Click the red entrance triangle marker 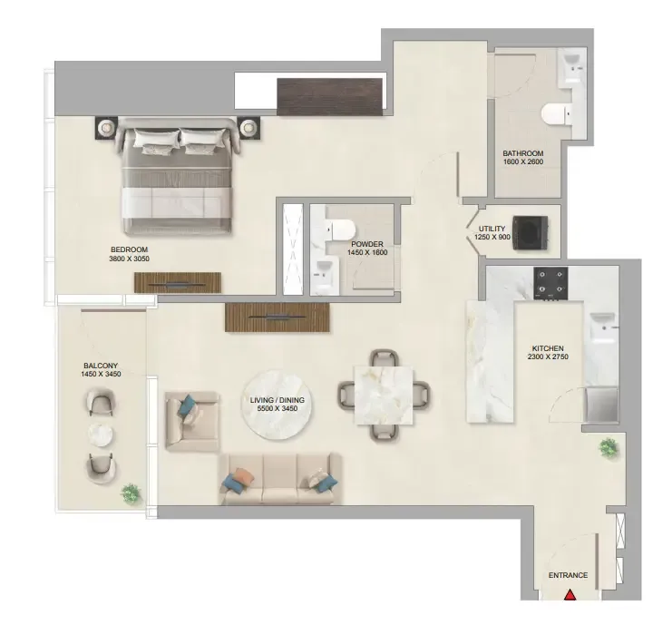pyautogui.click(x=570, y=594)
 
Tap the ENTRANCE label pyautogui.click(x=568, y=575)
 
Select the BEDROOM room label pyautogui.click(x=129, y=249)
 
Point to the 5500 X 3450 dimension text pyautogui.click(x=278, y=408)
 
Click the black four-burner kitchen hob pyautogui.click(x=550, y=283)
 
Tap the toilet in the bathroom pyautogui.click(x=556, y=115)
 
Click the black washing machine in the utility pyautogui.click(x=531, y=233)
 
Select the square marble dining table pyautogui.click(x=383, y=395)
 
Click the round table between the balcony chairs pyautogui.click(x=101, y=435)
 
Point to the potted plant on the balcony pyautogui.click(x=131, y=493)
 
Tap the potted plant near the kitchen pyautogui.click(x=609, y=448)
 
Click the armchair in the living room pyautogui.click(x=192, y=421)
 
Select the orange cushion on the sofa pyautogui.click(x=241, y=476)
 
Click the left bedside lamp pyautogui.click(x=105, y=127)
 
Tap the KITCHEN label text pyautogui.click(x=548, y=348)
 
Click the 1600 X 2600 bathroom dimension pyautogui.click(x=523, y=162)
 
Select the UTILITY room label pyautogui.click(x=492, y=229)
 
